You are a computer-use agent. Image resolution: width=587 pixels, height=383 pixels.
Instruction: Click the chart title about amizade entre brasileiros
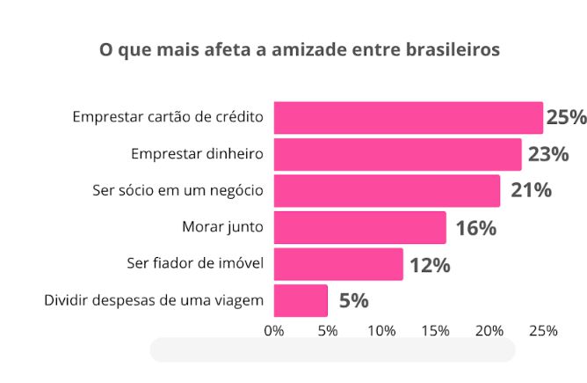[300, 49]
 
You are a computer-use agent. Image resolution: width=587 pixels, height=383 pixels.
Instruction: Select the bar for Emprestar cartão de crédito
[408, 117]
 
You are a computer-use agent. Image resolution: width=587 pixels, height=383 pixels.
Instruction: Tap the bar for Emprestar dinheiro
[397, 154]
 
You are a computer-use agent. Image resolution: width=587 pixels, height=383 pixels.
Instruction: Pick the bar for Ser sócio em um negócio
[387, 190]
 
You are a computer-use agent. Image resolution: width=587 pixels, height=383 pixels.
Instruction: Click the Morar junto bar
[359, 227]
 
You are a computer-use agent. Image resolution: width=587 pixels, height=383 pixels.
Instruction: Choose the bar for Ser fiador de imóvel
[338, 263]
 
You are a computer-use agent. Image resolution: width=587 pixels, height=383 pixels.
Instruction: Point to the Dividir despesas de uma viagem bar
[301, 300]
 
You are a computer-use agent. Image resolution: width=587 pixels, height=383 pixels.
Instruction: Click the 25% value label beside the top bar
[566, 117]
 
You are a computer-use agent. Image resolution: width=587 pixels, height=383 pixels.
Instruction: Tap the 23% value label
[547, 155]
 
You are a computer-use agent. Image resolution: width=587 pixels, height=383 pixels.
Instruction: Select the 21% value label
[531, 190]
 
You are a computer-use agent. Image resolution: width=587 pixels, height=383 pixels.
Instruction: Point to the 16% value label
[475, 228]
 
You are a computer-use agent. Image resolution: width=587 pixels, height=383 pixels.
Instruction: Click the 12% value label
[430, 264]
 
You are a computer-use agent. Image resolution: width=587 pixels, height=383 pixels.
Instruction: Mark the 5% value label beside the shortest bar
[353, 300]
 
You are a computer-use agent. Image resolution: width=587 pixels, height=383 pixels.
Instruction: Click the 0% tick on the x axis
[274, 331]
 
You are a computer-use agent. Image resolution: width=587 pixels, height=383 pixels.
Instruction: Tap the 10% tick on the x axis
[381, 331]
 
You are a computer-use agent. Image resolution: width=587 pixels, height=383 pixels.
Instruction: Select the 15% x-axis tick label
[436, 331]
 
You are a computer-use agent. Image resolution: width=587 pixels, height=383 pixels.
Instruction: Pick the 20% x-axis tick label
[489, 331]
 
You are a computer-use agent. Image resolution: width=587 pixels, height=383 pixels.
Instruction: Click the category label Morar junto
[222, 227]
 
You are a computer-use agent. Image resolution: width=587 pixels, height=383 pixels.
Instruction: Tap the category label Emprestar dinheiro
[197, 154]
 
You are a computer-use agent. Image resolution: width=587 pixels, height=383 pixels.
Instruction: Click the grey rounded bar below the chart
[332, 350]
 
